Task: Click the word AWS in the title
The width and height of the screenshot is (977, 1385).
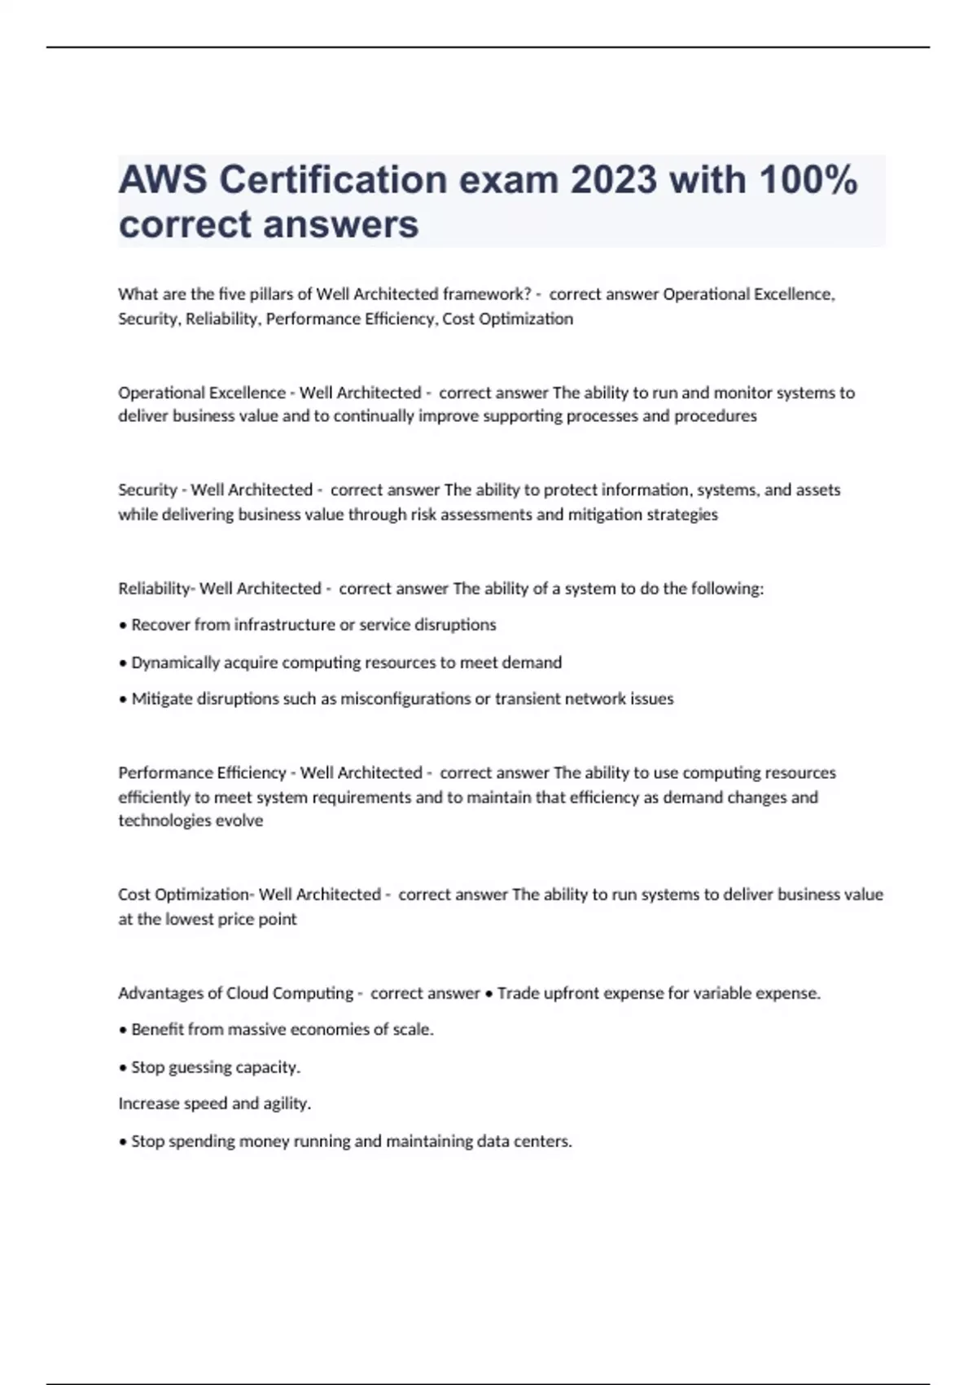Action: tap(162, 180)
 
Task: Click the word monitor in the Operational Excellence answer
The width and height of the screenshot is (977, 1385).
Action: tap(743, 393)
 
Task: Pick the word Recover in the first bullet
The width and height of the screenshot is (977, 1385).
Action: tap(160, 625)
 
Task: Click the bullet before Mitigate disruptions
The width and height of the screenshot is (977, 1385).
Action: tap(123, 699)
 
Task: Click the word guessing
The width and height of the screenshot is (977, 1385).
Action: tap(197, 1067)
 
